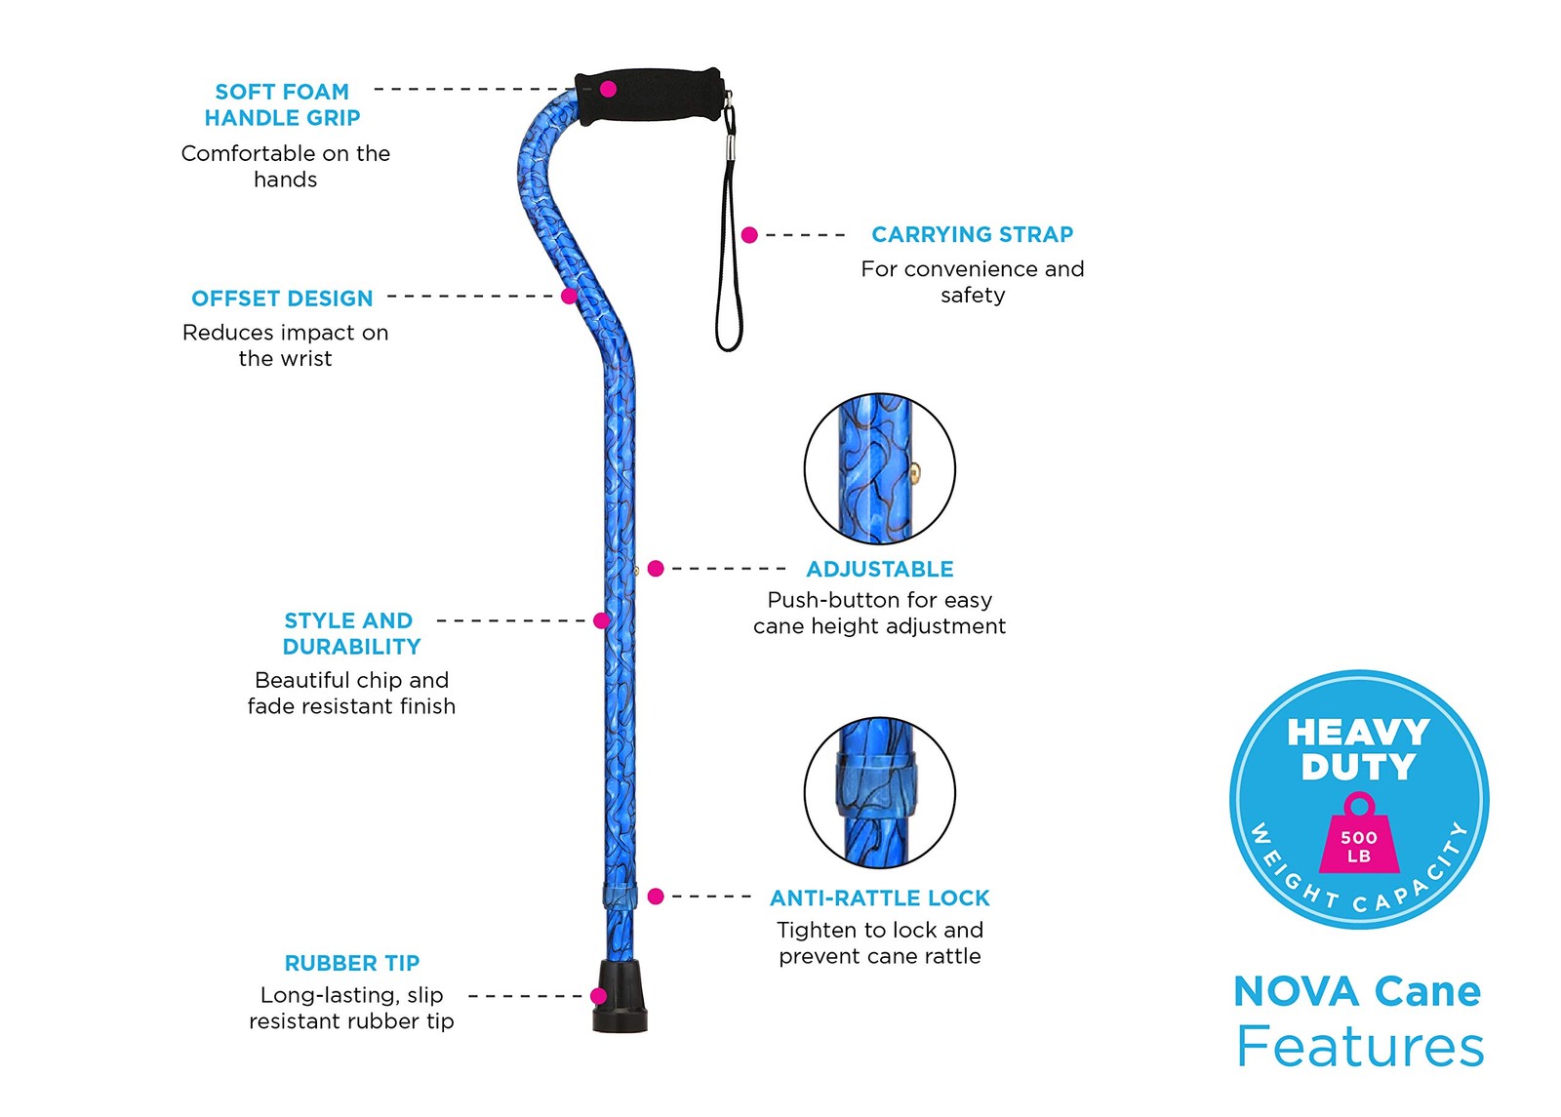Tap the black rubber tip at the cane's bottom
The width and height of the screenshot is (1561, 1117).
pos(620,997)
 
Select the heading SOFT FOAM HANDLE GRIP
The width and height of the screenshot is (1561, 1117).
pos(282,104)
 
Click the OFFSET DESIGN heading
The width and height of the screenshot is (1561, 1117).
pos(282,299)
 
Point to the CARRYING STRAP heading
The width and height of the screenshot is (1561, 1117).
pos(972,235)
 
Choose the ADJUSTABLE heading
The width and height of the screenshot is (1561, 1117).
pos(879,569)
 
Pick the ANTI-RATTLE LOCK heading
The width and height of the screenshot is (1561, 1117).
pos(879,898)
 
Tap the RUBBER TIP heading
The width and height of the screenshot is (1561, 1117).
pos(351,963)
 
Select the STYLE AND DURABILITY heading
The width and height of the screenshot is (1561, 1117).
pos(351,633)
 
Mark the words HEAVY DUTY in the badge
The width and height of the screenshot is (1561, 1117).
pos(1358,749)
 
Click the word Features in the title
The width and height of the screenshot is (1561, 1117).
pos(1360,1047)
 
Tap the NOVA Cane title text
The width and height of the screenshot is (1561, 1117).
pos(1357,991)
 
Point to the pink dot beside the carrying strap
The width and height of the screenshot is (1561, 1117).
pos(749,235)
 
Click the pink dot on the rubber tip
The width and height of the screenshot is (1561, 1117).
pos(598,996)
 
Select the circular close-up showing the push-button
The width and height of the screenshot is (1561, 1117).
pos(879,469)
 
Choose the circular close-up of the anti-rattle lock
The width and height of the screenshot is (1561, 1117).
pos(879,793)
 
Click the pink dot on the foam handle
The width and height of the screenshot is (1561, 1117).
pos(608,89)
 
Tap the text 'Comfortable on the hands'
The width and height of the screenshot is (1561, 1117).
pos(285,166)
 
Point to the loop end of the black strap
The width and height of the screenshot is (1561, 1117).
pos(729,332)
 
